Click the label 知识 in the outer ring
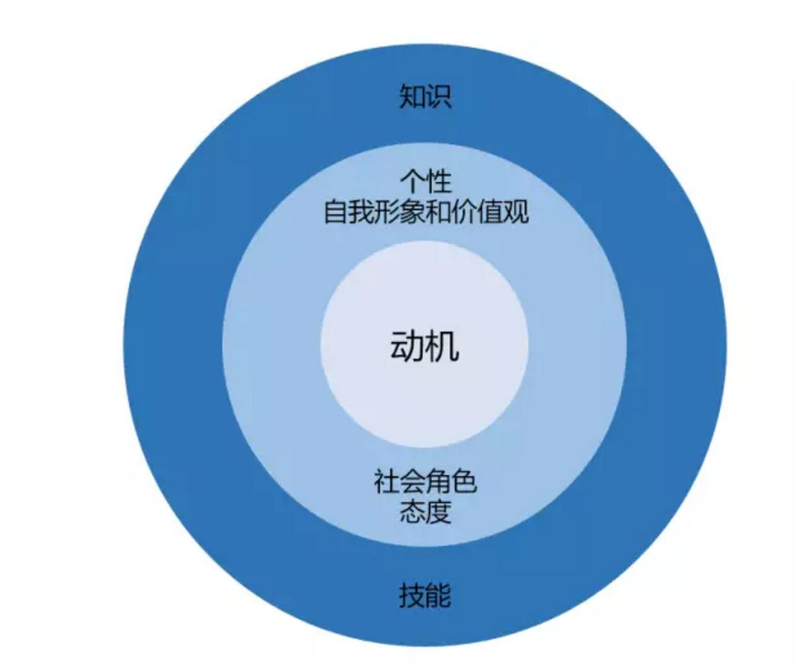tap(425, 97)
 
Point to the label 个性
tap(425, 182)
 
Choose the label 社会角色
tap(425, 481)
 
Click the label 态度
tap(425, 512)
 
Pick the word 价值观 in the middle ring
tap(491, 212)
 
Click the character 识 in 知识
tap(438, 97)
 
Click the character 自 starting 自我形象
tap(336, 212)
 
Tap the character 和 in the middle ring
tap(439, 212)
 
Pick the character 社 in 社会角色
tap(386, 481)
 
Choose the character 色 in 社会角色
tap(464, 481)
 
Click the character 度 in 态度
tap(438, 512)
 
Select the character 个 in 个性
tap(412, 182)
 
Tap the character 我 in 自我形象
tap(361, 212)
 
